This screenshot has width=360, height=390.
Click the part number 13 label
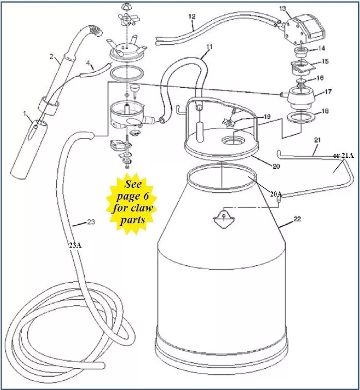(x=283, y=9)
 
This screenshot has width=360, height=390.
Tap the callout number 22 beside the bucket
(x=298, y=219)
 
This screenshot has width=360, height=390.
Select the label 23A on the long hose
(x=75, y=246)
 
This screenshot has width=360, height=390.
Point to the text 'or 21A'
(x=343, y=156)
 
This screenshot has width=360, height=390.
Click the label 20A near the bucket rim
(x=276, y=194)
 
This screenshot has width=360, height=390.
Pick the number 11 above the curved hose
(x=209, y=47)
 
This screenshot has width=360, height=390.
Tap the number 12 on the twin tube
(x=192, y=17)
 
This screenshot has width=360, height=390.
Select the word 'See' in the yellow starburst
(x=133, y=184)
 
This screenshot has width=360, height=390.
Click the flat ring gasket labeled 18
(x=301, y=118)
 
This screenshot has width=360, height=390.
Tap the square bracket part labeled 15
(x=302, y=68)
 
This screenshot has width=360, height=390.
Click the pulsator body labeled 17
(x=301, y=98)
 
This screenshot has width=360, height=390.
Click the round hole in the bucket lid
(x=233, y=140)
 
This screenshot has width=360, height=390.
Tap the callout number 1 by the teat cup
(x=24, y=114)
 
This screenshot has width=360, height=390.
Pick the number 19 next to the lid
(x=267, y=117)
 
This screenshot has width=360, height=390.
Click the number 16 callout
(x=320, y=78)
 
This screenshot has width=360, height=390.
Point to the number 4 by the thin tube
(x=88, y=63)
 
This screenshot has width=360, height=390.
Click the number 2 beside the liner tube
(x=51, y=56)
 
